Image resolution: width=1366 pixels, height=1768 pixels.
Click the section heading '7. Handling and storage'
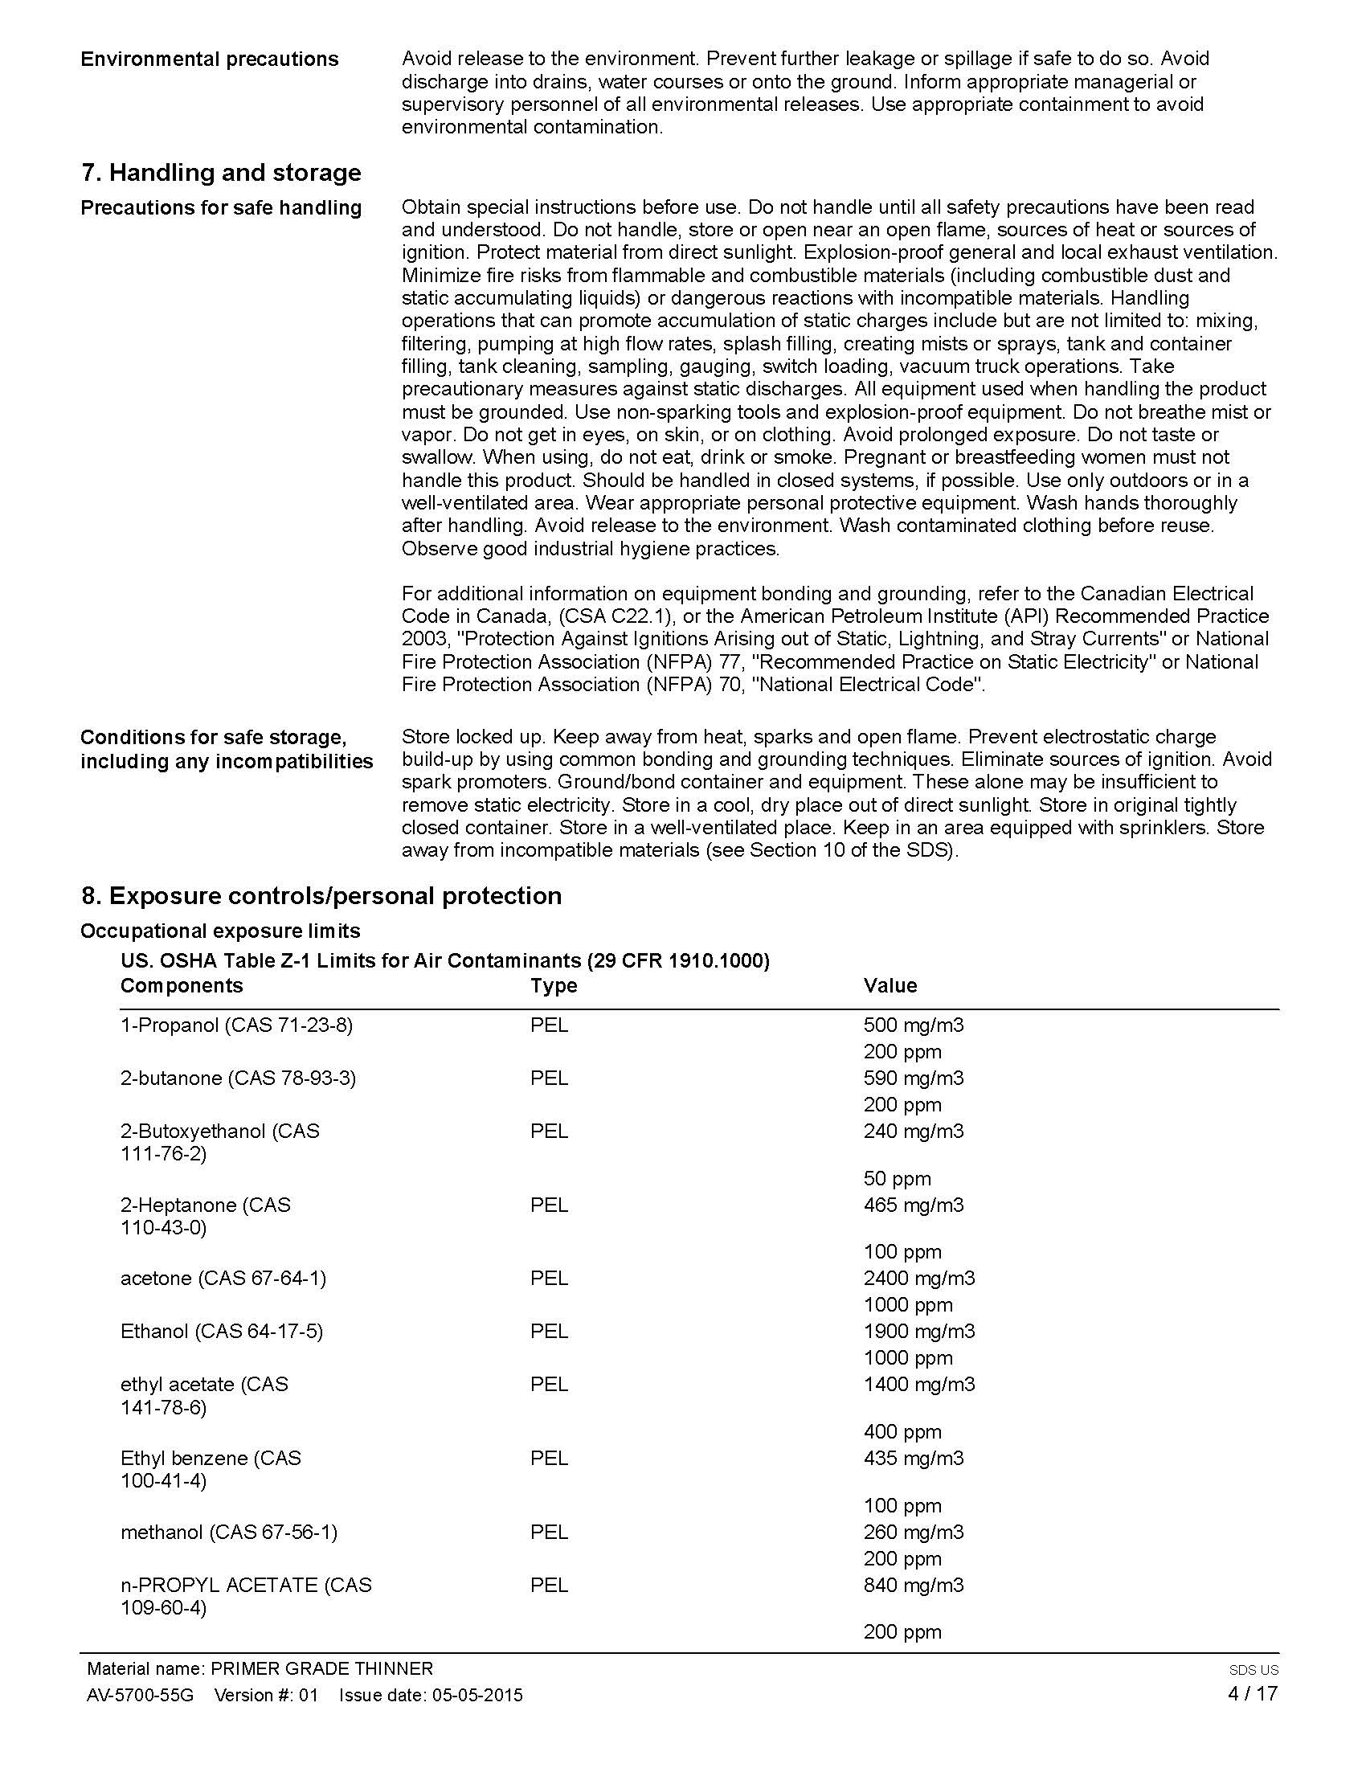pos(221,173)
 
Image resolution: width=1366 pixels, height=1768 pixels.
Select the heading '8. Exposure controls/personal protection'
pos(321,895)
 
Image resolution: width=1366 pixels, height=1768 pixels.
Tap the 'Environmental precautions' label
pos(209,59)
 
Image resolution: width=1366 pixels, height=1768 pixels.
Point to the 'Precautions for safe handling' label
pos(221,208)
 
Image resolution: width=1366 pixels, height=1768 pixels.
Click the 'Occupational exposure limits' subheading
pos(220,931)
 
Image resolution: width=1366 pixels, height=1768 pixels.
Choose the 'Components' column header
pos(182,985)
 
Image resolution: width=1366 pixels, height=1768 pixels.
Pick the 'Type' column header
pos(554,985)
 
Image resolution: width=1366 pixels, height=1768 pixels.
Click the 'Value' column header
pos(890,985)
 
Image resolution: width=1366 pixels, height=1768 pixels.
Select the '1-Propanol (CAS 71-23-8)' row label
pos(236,1025)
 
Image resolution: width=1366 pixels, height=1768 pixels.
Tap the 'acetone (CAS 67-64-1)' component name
pos(223,1279)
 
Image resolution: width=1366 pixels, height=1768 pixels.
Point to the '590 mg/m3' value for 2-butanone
pos(914,1078)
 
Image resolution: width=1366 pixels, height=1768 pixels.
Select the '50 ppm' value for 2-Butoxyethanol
pos(897,1179)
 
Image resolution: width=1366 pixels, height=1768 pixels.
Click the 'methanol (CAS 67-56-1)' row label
pos(229,1532)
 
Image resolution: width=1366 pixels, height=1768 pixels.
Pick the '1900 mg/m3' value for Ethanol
pos(918,1331)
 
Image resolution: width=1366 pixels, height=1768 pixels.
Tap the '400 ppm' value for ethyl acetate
pos(902,1432)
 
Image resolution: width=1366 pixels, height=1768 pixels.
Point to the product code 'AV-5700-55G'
pos(140,1695)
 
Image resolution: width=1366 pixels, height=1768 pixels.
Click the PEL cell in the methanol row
pos(549,1532)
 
